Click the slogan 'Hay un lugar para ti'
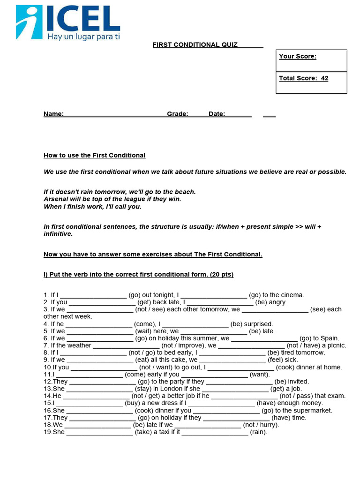click(x=83, y=37)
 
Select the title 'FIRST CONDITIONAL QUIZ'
click(x=195, y=45)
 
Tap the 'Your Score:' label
click(x=298, y=57)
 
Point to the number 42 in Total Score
click(x=324, y=78)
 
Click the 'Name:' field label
click(x=53, y=114)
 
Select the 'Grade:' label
click(x=178, y=114)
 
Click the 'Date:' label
click(x=217, y=114)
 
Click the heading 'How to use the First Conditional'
click(x=94, y=156)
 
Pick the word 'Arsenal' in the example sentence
click(x=56, y=199)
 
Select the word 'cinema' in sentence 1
click(x=292, y=295)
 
